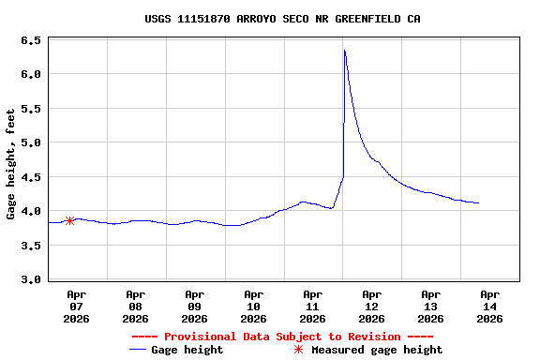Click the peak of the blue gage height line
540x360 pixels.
[344, 51]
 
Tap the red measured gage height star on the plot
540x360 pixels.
[69, 220]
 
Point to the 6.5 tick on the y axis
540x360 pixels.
[30, 41]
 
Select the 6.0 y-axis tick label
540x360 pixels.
[30, 74]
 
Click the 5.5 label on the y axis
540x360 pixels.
[30, 109]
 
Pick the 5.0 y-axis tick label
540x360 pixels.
[30, 142]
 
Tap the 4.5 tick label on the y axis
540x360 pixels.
[30, 177]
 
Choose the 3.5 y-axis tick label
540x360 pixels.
[30, 246]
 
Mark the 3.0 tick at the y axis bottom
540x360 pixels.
[30, 279]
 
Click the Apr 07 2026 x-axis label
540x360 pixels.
[77, 306]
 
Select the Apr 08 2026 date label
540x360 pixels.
[136, 306]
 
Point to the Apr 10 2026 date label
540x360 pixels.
[254, 306]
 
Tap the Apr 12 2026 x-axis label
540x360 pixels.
[372, 306]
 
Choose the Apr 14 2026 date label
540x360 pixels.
[489, 306]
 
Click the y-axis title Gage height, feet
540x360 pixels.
[11, 164]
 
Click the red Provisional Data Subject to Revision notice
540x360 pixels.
[282, 337]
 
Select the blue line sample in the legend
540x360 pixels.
[138, 350]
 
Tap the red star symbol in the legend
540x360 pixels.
[298, 350]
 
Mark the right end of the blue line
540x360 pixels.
[479, 202]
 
